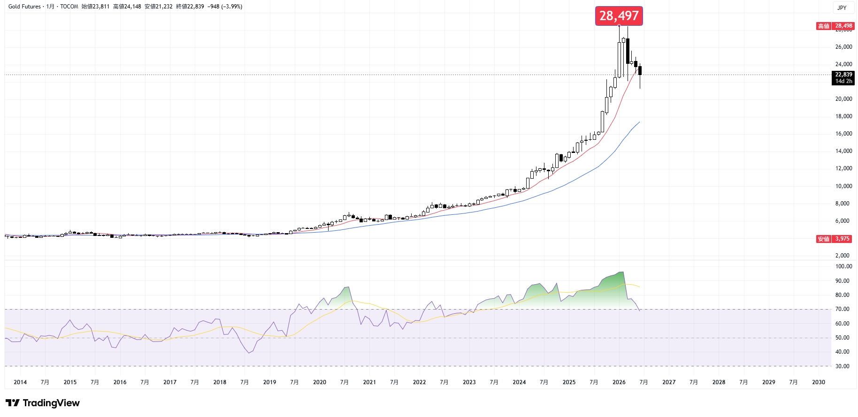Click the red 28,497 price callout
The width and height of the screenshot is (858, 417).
[x=619, y=16]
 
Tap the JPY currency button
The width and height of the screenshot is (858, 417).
[x=842, y=8]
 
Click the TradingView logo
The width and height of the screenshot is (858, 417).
[x=43, y=403]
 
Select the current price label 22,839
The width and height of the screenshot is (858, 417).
[x=843, y=75]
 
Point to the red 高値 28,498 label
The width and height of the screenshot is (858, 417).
[x=835, y=26]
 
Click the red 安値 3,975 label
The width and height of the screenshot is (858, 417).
[x=835, y=239]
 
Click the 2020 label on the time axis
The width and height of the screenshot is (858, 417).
[x=320, y=382]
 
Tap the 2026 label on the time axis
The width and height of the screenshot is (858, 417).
[x=619, y=382]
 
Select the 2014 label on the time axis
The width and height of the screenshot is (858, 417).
[x=20, y=382]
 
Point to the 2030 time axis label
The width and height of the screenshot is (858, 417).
[x=819, y=382]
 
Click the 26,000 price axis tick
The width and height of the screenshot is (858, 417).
[x=843, y=47]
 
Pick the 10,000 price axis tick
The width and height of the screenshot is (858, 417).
[x=843, y=186]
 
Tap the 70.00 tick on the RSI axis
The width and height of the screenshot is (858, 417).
[x=842, y=309]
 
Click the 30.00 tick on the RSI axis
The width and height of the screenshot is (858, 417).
[x=842, y=366]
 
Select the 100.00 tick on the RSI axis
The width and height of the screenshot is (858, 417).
[x=843, y=266]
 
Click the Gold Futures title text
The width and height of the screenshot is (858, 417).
[x=24, y=7]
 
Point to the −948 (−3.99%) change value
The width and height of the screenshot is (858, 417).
[x=225, y=7]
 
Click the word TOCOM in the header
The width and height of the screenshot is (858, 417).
[x=69, y=7]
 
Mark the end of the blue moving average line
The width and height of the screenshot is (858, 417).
[x=640, y=122]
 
